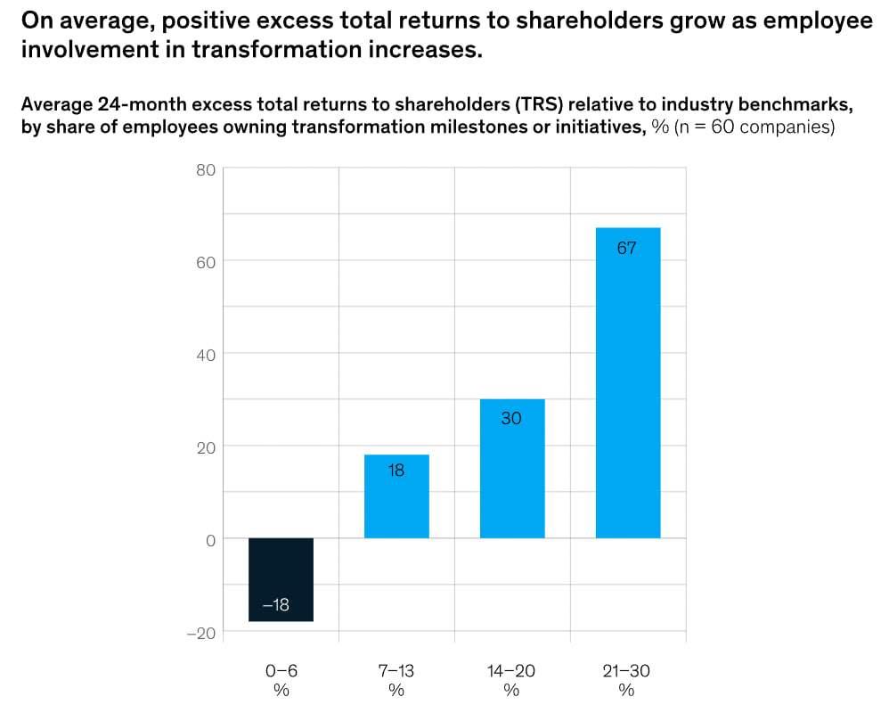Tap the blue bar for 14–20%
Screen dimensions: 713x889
coord(511,469)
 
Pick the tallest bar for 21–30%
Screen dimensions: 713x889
coord(627,383)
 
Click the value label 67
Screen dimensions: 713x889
coord(627,249)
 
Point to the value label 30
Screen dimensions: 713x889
coord(511,417)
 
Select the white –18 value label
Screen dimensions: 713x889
coord(276,605)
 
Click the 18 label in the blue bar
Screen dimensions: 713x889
coord(396,470)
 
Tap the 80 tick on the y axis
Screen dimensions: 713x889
coord(205,168)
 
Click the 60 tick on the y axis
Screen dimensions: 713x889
coord(205,261)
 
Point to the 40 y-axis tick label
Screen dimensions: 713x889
coord(205,354)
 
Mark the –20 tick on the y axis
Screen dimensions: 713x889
coord(201,633)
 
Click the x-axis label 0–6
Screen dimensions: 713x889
coord(281,671)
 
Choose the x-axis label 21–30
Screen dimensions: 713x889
coord(627,671)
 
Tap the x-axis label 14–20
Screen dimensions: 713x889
coord(511,671)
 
